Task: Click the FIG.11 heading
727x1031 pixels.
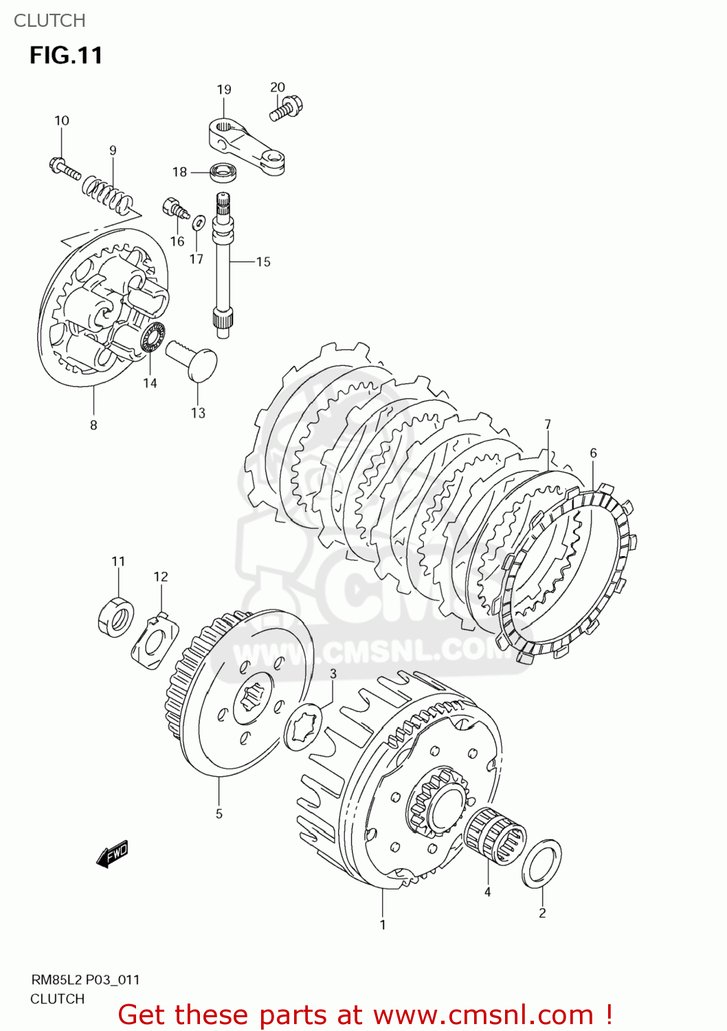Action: point(66,55)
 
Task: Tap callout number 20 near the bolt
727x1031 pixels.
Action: point(277,87)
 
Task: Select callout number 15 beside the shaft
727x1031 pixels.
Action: point(263,262)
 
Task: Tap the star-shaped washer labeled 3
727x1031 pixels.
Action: point(303,726)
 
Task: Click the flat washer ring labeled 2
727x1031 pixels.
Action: point(541,863)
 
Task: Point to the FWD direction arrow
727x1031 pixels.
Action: point(113,854)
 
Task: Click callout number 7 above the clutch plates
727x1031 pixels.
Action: point(548,425)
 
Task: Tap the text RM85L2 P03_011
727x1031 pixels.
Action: point(85,979)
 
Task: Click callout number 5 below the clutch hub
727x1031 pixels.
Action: point(219,814)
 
